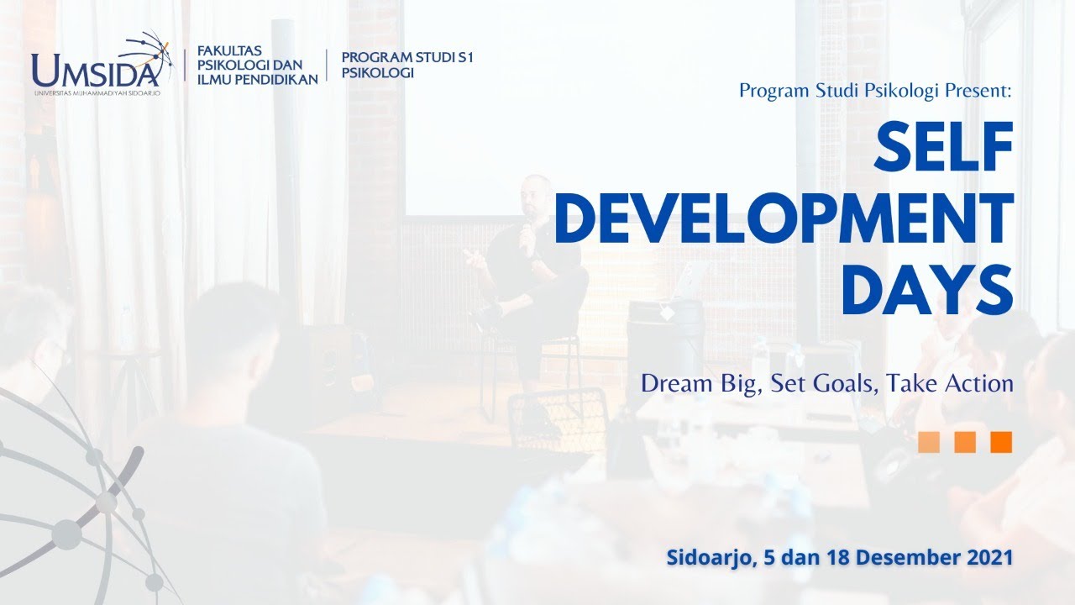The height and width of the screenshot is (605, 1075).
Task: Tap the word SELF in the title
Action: (942, 149)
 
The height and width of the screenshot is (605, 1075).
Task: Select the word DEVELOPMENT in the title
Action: (783, 218)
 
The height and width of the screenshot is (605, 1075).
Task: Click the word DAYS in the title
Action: (926, 288)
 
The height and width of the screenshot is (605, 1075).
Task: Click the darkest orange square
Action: (1001, 442)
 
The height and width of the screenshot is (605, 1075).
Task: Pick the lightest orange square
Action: (929, 442)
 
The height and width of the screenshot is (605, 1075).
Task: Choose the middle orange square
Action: (965, 442)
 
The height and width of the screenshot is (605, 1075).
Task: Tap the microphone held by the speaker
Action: (527, 234)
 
